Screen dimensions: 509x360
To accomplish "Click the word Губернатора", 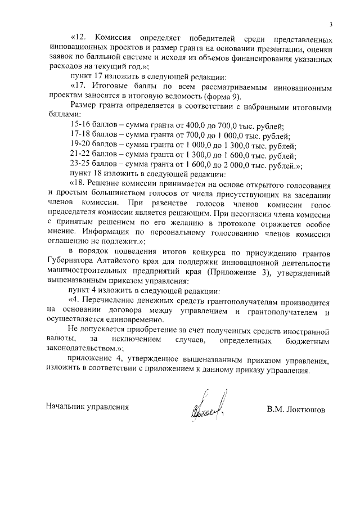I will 71,263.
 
